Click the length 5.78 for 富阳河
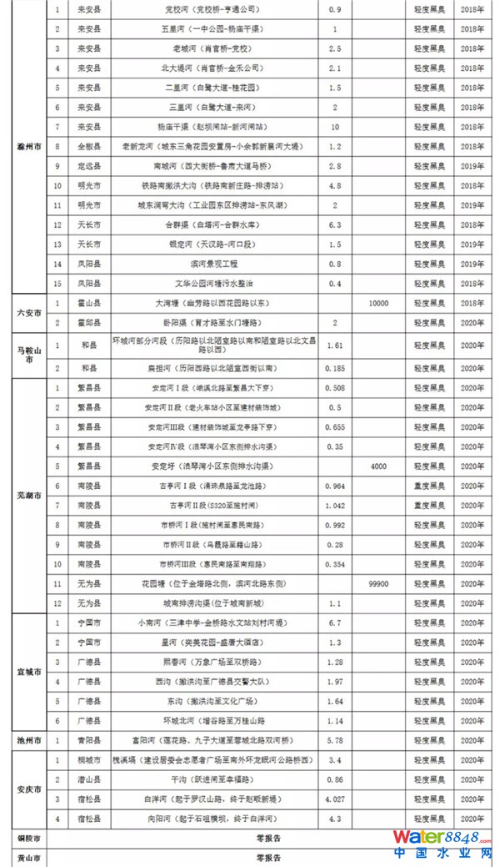[x=335, y=739]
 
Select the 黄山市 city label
[x=23, y=858]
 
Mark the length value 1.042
[x=335, y=506]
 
